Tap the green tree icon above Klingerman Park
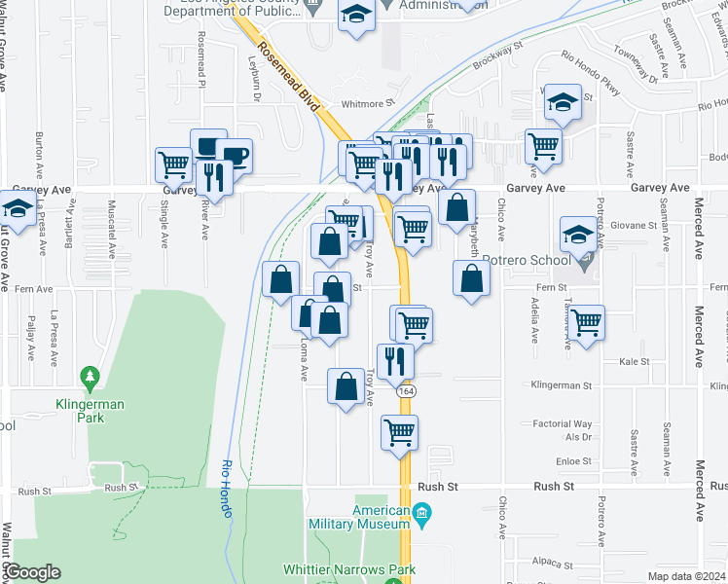click(91, 375)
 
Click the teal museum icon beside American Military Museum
click(421, 512)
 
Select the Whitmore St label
click(366, 102)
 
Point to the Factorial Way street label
click(562, 424)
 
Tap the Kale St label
click(634, 361)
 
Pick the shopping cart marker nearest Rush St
click(399, 431)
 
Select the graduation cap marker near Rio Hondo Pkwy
click(562, 102)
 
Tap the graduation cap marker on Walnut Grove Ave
click(17, 207)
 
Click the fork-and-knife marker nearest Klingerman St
click(395, 361)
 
